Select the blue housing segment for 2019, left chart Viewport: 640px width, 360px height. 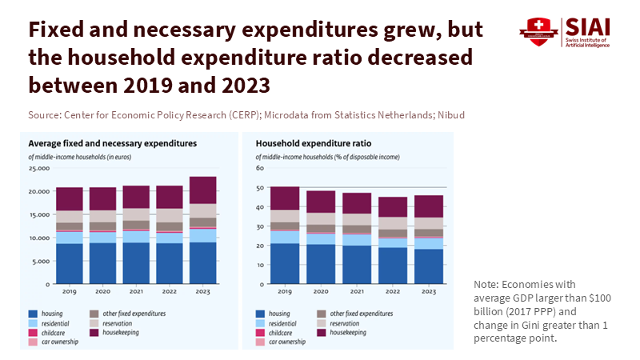[70, 263]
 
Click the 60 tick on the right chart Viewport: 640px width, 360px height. [260, 169]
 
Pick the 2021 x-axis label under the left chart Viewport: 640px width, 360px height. [136, 293]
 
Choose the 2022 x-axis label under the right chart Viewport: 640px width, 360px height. [392, 293]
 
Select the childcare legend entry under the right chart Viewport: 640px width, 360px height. [278, 332]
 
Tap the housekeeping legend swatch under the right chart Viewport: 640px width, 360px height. [324, 332]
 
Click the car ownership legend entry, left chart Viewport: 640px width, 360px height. [58, 342]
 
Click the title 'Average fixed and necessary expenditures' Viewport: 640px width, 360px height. [113, 144]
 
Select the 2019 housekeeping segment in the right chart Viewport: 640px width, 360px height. [284, 198]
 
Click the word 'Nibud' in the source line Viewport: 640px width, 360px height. [450, 115]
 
